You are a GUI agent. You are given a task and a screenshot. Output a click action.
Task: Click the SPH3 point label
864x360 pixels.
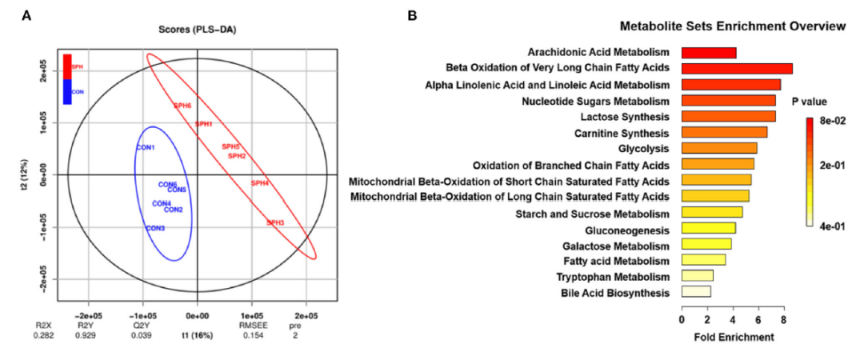point(275,222)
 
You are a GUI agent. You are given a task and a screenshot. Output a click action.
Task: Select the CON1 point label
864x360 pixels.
point(145,147)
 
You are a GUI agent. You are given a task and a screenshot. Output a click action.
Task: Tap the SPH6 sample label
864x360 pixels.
point(182,106)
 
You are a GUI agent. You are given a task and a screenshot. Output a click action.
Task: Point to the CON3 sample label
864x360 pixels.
point(155,229)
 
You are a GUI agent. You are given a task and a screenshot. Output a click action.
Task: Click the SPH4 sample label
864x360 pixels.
point(260,183)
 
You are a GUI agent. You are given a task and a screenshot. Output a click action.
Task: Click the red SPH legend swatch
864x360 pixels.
point(67,66)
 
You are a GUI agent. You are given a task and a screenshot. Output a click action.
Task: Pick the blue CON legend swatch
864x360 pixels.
point(67,91)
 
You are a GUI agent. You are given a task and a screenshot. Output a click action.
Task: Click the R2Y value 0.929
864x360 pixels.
point(86,337)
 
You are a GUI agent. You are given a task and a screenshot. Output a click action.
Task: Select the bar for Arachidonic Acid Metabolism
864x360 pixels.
point(708,53)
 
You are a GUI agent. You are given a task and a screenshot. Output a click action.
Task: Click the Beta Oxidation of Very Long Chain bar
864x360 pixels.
point(736,69)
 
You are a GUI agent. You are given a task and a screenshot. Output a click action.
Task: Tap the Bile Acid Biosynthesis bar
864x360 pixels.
point(695,292)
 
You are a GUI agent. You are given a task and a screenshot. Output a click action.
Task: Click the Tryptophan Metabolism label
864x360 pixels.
point(613,277)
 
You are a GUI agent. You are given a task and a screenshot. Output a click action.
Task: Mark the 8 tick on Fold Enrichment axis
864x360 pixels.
point(783,319)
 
